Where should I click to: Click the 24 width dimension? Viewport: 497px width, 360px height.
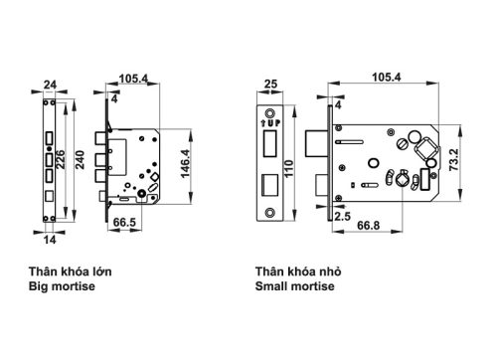pyautogui.click(x=49, y=86)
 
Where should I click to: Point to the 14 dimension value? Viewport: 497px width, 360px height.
pyautogui.click(x=50, y=240)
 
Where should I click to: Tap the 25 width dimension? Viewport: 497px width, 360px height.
pyautogui.click(x=271, y=86)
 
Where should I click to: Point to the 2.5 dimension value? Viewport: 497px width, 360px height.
pyautogui.click(x=343, y=215)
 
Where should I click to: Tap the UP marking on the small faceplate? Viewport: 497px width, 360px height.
pyautogui.click(x=271, y=121)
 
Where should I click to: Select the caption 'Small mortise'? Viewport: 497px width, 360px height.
pyautogui.click(x=295, y=286)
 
